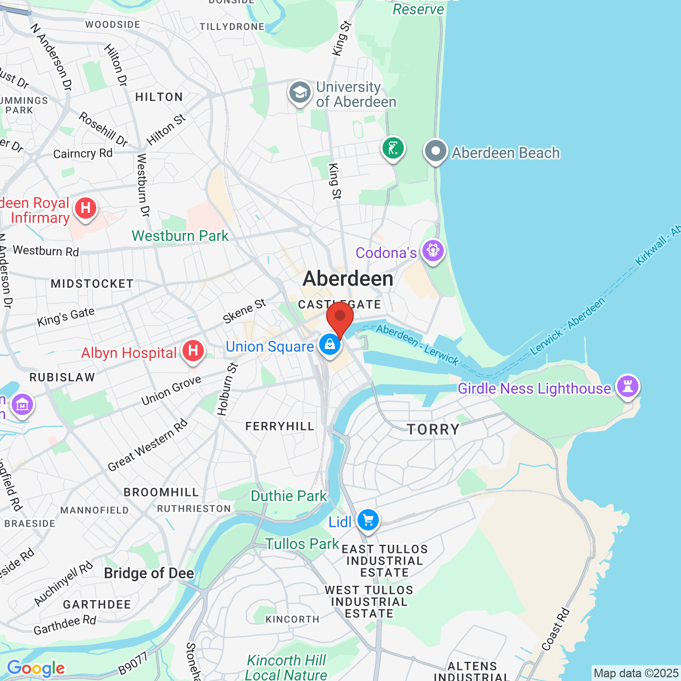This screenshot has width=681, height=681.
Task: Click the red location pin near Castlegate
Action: point(340,318)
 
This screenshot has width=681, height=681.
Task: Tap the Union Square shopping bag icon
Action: point(330,344)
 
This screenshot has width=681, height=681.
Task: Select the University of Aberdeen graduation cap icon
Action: point(300,93)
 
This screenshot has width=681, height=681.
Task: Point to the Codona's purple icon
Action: point(433,250)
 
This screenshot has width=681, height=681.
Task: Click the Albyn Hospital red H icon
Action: point(193,351)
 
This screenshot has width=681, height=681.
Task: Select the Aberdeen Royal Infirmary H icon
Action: point(86,208)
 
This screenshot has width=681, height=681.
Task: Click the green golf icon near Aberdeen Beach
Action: point(393,148)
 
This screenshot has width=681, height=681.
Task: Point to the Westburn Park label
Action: point(180,236)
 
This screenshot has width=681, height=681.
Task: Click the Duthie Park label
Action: point(288,496)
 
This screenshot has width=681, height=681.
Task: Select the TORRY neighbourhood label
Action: point(433,429)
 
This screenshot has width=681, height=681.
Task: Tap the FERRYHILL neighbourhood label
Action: point(280,426)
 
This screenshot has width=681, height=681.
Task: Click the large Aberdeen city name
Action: point(348,278)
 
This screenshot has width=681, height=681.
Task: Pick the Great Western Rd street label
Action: point(147,445)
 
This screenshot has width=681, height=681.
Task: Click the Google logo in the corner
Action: point(36,668)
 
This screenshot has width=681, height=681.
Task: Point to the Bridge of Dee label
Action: point(149,573)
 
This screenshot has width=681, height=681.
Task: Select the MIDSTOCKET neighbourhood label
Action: point(92,284)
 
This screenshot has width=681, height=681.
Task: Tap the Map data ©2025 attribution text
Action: point(636,673)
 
